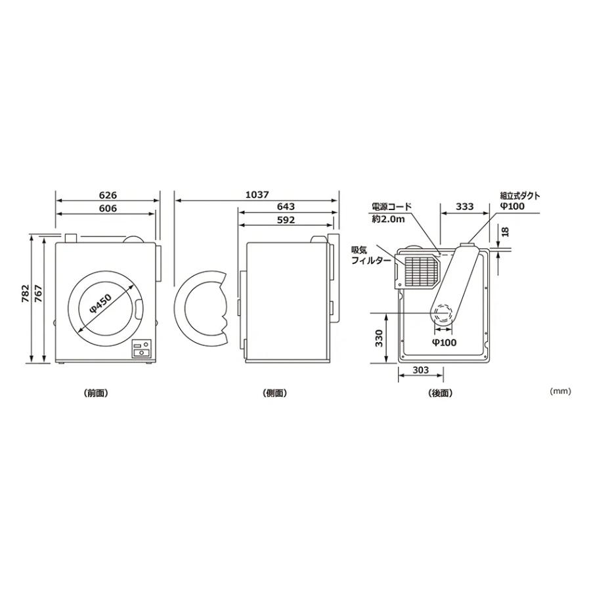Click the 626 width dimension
point(108,195)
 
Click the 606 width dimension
point(108,208)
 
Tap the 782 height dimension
point(25,294)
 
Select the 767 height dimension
point(38,294)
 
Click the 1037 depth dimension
point(257,194)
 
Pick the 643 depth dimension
point(286,207)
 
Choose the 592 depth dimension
point(286,220)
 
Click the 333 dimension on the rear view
point(464,207)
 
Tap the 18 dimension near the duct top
point(506,231)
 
